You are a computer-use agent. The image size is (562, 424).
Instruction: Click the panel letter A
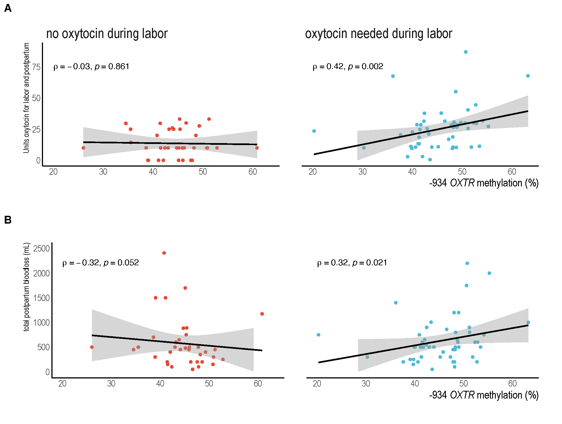8,8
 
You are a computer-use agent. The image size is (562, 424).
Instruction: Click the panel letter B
8,220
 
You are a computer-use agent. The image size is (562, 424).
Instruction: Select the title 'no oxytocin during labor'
107,34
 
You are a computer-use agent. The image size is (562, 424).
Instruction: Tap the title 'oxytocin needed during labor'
378,34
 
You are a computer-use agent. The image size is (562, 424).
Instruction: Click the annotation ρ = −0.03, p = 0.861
91,67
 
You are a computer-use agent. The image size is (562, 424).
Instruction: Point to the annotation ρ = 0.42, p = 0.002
348,67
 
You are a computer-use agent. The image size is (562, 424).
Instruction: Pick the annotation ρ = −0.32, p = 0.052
101,263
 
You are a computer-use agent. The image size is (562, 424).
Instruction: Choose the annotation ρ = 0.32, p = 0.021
352,263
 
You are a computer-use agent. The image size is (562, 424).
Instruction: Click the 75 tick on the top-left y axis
36,67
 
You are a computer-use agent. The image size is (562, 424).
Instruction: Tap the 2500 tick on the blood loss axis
41,248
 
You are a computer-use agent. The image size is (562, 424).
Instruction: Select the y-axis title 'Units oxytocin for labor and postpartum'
26,98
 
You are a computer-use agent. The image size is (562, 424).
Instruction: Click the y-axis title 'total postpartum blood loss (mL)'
26,287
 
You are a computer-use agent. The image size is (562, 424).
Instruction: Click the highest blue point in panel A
466,52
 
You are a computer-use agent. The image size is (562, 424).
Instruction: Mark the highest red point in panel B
164,253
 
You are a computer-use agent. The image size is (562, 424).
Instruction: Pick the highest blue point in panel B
467,263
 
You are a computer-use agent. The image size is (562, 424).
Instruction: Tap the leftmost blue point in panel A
314,131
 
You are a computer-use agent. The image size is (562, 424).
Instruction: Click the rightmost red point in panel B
262,314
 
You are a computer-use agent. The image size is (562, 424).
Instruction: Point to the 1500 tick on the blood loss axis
41,298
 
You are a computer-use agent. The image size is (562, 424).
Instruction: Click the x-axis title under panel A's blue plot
484,183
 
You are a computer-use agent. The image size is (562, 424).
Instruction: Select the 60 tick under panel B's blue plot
512,383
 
